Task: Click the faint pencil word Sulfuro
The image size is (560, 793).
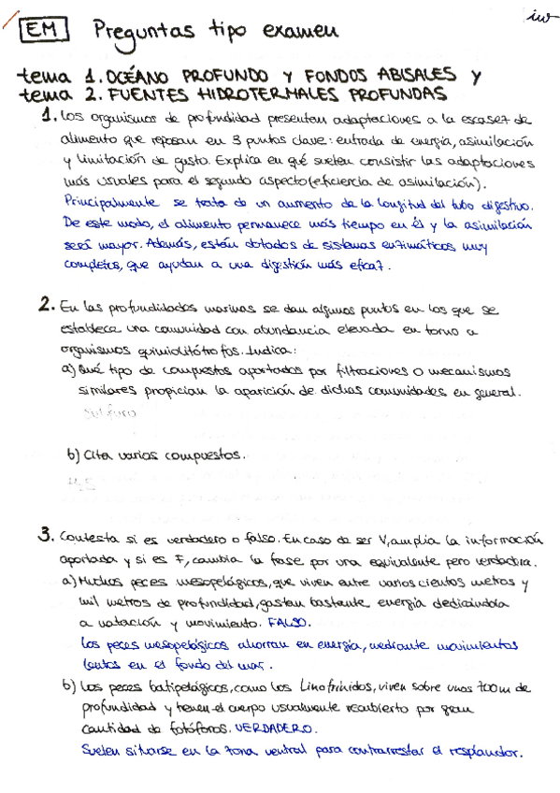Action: [x=109, y=411]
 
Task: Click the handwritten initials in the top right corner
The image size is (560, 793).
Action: [x=539, y=16]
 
